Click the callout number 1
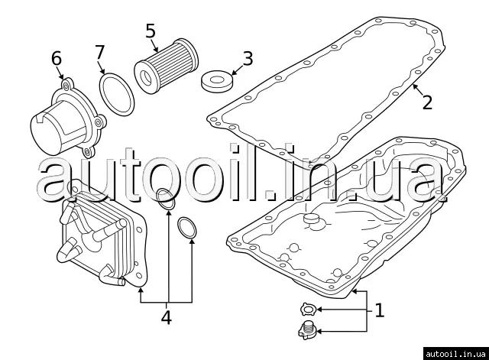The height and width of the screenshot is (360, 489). pos(379,310)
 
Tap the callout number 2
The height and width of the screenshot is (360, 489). pos(427,102)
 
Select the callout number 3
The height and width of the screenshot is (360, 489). pos(248,59)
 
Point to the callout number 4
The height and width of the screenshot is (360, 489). pos(167,317)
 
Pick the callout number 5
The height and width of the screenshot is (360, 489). pos(151,31)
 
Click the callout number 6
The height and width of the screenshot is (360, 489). pos(57,59)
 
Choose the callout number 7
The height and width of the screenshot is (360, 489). pos(99,52)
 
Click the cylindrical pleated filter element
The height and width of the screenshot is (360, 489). pos(167,66)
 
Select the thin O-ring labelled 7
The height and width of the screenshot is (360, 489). pos(117,95)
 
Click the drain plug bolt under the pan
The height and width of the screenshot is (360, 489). pos(307,330)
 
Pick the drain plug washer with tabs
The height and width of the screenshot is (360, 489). pos(309,309)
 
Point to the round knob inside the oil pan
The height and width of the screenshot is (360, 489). pos(312,220)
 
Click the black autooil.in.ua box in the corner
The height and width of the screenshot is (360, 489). pos(456,354)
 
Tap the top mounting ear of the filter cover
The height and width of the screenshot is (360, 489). pos(66,84)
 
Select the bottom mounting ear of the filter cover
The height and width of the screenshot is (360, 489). pos(89,152)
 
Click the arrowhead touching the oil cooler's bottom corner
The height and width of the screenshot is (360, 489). pos(141,290)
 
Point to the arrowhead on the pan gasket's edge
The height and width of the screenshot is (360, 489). pos(415,86)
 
